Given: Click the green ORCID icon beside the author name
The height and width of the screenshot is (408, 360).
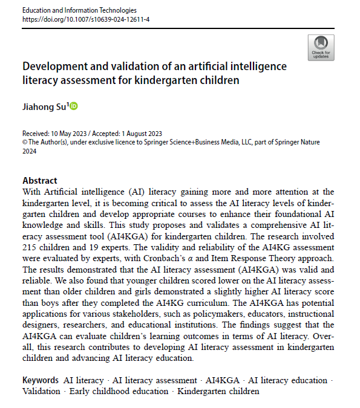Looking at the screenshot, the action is click(x=74, y=106).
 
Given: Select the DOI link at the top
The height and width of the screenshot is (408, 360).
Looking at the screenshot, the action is click(x=86, y=20).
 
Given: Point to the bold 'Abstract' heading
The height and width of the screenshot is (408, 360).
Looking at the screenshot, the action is click(x=41, y=180).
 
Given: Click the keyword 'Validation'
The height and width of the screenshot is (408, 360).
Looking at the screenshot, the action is click(x=42, y=391).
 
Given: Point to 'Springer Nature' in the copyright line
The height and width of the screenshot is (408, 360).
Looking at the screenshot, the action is click(x=294, y=142).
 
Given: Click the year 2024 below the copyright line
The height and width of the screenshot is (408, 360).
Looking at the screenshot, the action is click(x=30, y=151).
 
